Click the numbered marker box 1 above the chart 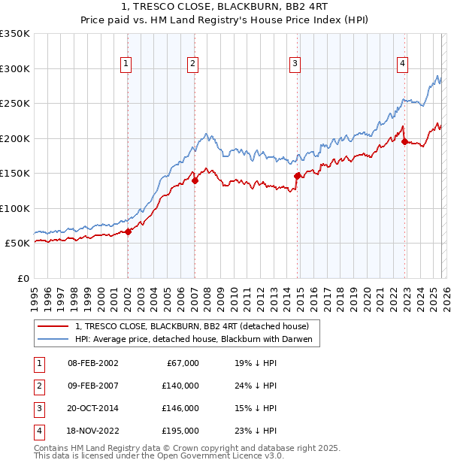click(x=125, y=64)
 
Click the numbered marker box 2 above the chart click(x=192, y=64)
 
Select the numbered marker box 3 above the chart click(x=295, y=64)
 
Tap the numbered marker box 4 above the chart click(x=403, y=64)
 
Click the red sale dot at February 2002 click(x=128, y=231)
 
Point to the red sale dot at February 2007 click(x=194, y=180)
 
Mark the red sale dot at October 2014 click(x=298, y=176)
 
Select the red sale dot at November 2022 click(x=404, y=141)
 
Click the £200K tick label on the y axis click(x=15, y=138)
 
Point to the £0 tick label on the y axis click(x=23, y=278)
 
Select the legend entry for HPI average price click(x=192, y=338)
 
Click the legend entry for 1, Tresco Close click(x=192, y=325)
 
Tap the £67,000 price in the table click(x=181, y=363)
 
